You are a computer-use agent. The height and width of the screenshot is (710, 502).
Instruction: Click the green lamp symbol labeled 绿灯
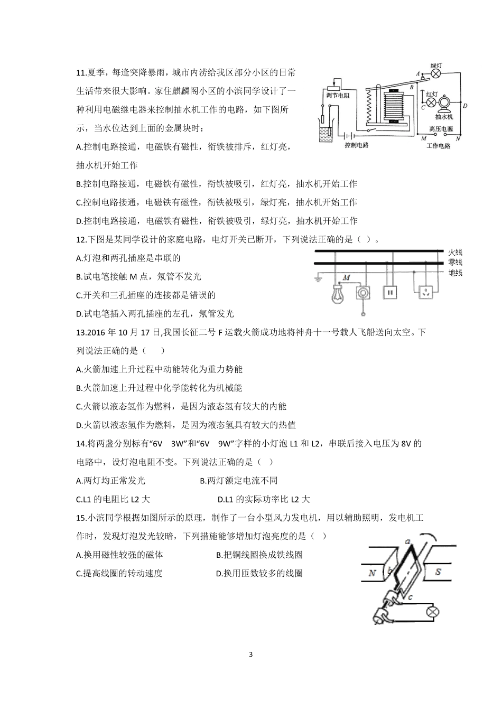click(x=436, y=74)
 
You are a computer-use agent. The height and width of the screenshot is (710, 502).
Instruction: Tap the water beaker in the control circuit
click(x=325, y=135)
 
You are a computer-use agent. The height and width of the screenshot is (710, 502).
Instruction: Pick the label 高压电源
click(x=441, y=128)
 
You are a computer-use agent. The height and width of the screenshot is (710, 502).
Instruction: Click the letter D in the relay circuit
click(x=464, y=106)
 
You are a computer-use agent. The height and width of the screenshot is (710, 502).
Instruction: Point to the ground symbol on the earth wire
click(x=319, y=277)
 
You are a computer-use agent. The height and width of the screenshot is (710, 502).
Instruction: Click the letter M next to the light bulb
click(x=347, y=277)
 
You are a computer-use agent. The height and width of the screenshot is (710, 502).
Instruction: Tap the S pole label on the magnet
click(x=438, y=572)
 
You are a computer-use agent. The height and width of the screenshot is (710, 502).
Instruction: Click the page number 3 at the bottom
click(x=250, y=655)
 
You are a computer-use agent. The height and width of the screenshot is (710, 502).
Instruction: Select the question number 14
click(x=81, y=444)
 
